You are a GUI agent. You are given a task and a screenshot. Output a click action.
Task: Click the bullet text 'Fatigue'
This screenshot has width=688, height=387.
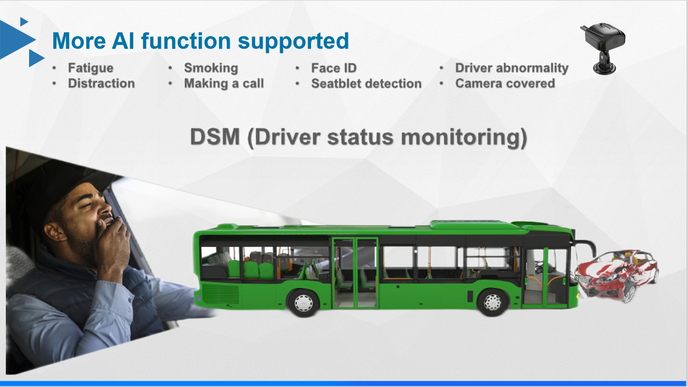(x=91, y=68)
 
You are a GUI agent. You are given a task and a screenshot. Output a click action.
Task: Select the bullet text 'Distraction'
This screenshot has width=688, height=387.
(x=101, y=83)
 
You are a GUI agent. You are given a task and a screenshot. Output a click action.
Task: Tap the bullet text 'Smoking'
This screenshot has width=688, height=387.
(x=211, y=68)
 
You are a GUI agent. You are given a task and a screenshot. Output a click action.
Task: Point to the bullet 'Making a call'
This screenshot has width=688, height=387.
(x=224, y=83)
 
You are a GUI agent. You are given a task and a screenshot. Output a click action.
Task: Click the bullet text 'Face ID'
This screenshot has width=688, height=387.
(x=334, y=68)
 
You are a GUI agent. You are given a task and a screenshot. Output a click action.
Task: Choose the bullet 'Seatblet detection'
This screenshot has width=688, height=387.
(x=366, y=83)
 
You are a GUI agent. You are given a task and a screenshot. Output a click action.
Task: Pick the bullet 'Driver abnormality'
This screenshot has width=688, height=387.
(x=512, y=68)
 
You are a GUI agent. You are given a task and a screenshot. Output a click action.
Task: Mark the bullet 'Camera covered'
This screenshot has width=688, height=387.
(x=505, y=83)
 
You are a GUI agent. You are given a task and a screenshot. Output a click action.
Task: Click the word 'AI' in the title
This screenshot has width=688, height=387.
(x=123, y=41)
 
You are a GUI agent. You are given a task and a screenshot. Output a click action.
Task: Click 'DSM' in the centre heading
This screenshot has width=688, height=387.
(x=215, y=137)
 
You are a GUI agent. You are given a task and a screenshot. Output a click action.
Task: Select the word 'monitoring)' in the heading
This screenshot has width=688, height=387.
(x=464, y=138)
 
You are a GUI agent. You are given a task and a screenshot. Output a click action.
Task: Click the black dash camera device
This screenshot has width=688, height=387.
(x=603, y=48)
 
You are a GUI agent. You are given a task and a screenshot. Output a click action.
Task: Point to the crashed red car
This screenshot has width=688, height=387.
(x=617, y=275)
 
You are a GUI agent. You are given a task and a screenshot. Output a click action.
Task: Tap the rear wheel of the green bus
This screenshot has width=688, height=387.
(x=303, y=303)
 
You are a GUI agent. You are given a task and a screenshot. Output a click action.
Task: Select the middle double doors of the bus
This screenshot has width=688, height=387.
(x=355, y=273)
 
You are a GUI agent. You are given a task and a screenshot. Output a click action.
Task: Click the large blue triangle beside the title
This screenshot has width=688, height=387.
(x=16, y=39)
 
